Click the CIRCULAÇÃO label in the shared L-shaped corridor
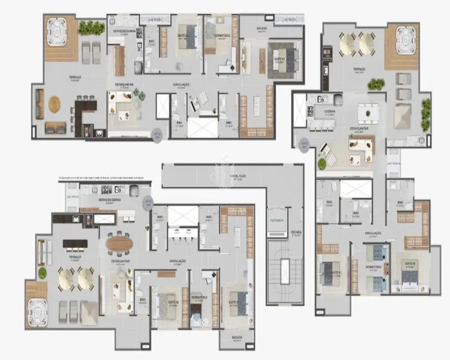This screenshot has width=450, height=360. [x=238, y=176]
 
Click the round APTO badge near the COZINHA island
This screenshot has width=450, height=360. [x=304, y=143]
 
